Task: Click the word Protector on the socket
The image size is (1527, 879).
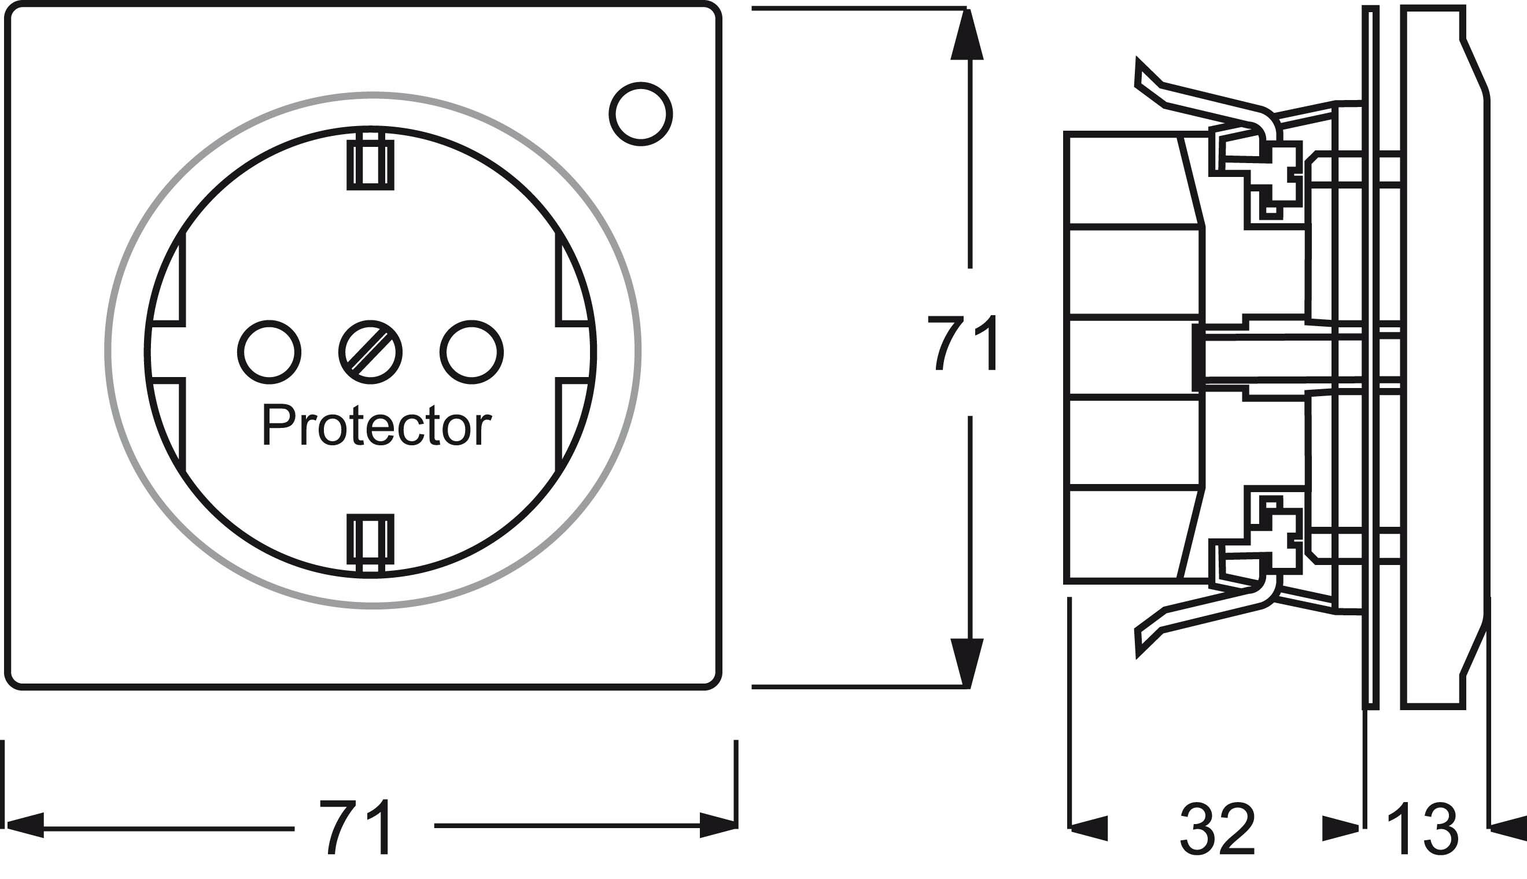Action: [376, 426]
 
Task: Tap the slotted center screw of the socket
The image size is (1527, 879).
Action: [370, 353]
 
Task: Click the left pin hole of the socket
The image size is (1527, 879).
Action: [270, 353]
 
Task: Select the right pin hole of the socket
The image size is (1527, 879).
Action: [471, 353]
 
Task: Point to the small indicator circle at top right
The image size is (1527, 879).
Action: [641, 114]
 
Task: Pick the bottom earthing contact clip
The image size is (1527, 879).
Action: [371, 540]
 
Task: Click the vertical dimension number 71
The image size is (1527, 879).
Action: [964, 343]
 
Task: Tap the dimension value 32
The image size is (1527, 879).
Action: [1217, 829]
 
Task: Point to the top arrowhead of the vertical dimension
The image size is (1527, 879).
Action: [967, 36]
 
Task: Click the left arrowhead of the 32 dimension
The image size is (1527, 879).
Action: [1090, 828]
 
